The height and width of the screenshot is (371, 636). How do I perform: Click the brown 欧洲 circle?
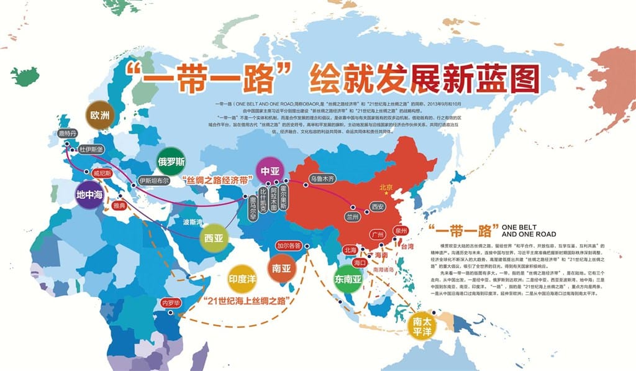pos(99,115)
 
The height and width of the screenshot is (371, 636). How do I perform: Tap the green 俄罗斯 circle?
pos(172,162)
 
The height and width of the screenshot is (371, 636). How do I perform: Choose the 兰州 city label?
pos(352,216)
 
